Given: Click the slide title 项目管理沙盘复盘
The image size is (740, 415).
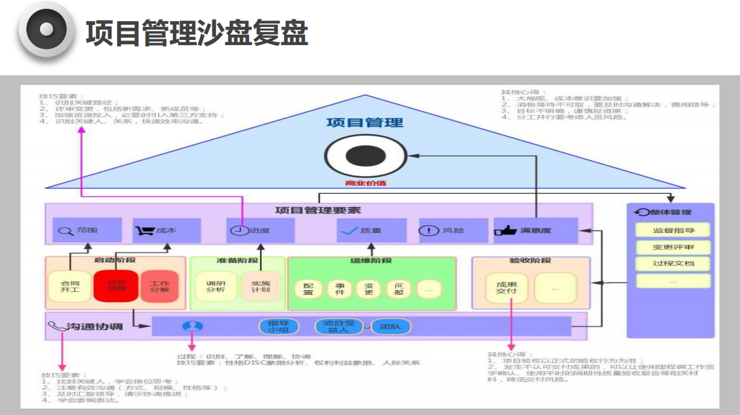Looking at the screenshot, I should pos(197,33).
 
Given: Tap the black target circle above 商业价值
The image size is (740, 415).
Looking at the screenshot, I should pos(365,156).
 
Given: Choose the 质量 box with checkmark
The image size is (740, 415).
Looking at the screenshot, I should pos(371,230).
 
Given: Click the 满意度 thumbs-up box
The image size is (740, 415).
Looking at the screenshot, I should pos(535,230).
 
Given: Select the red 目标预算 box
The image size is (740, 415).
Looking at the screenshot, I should pos(116,286).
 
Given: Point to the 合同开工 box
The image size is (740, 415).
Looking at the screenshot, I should pos(69,286).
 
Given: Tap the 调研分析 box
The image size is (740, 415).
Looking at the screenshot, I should pos(216,286).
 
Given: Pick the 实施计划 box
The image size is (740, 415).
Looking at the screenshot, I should pos(261,286).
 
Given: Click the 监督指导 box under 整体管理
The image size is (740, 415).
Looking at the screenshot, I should pos(673,230).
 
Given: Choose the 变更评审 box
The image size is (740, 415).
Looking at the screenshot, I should pos(673,247).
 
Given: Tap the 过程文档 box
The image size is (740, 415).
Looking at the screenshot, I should pos(673,263).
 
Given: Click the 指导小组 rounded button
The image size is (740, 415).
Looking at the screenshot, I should pos(278,326).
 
